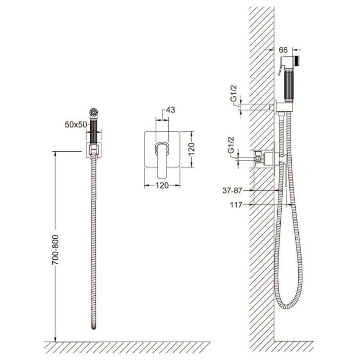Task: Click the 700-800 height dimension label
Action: point(55,250)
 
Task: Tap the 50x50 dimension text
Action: point(76,125)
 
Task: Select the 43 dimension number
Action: point(170,110)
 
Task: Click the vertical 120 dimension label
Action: point(191,149)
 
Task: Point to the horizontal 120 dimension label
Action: point(162,185)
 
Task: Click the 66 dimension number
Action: point(283,50)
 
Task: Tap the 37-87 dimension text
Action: point(232,190)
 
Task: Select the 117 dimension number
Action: point(236,204)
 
